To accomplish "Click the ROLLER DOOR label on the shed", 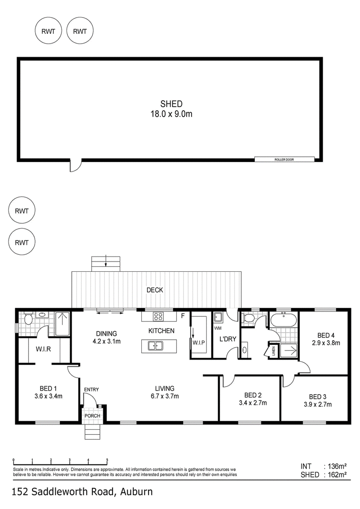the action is (x=284, y=160).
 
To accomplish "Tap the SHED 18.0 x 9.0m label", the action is (x=171, y=109).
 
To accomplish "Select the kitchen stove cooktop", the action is (x=158, y=316).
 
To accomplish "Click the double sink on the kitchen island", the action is (x=156, y=346).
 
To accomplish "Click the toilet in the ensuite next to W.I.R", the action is (x=28, y=319).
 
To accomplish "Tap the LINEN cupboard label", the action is (x=273, y=351).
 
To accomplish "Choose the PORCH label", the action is (x=92, y=415).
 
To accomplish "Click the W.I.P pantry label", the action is (x=198, y=342).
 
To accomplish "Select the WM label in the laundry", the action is (x=218, y=328).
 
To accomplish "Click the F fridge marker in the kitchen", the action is (x=183, y=315).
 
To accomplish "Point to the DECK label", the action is (x=155, y=290).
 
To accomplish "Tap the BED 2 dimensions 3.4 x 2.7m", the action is (x=253, y=403).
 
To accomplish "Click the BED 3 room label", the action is (x=318, y=396).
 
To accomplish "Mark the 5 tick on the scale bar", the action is (x=107, y=460).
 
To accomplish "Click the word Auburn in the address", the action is (x=136, y=491).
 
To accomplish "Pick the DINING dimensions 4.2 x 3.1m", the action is (x=107, y=341).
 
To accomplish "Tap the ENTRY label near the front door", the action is (x=91, y=389).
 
